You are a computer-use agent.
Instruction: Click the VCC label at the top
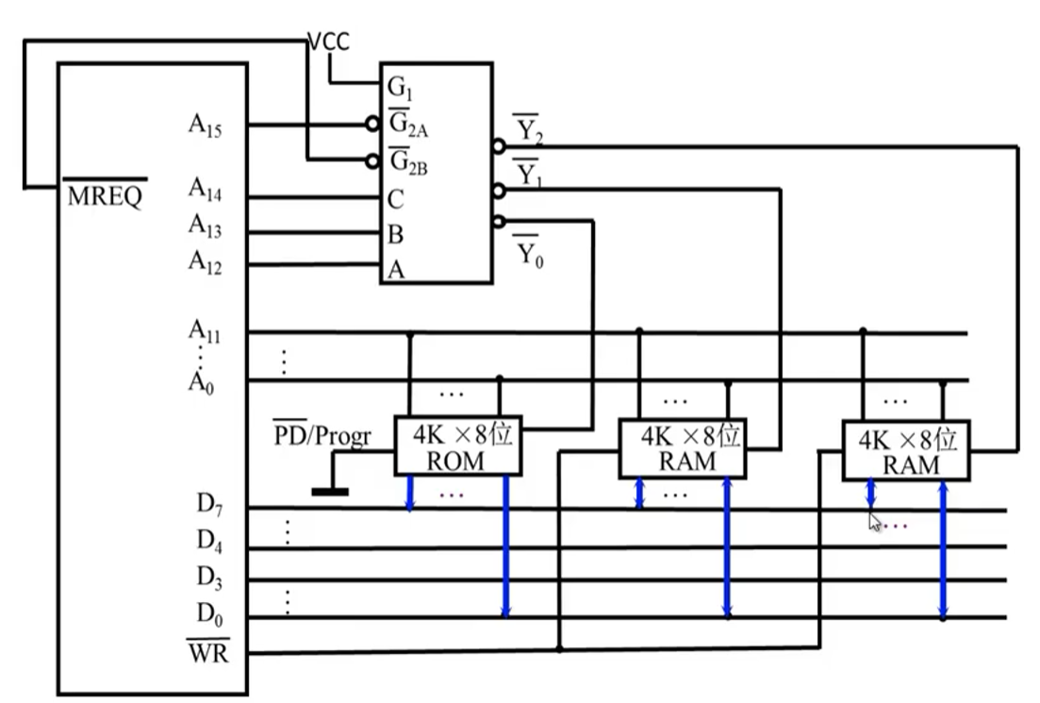(329, 42)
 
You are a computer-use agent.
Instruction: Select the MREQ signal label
(105, 193)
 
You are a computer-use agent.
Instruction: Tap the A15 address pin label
(205, 126)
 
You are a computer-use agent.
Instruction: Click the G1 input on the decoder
(400, 87)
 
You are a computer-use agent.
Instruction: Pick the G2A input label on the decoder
(408, 124)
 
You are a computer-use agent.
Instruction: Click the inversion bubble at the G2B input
(372, 160)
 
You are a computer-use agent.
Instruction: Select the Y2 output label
(528, 129)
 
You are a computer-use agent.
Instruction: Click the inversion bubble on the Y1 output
(499, 192)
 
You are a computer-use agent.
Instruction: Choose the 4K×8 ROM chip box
(457, 445)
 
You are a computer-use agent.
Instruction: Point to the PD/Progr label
(322, 435)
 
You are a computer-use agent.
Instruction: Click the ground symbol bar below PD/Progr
(330, 492)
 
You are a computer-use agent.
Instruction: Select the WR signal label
(208, 652)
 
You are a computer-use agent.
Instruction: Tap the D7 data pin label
(209, 504)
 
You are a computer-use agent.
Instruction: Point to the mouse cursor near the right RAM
(875, 523)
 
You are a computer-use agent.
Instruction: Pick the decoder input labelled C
(395, 199)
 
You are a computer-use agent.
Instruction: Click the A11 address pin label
(205, 330)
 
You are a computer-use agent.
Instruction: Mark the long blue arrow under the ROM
(506, 546)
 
